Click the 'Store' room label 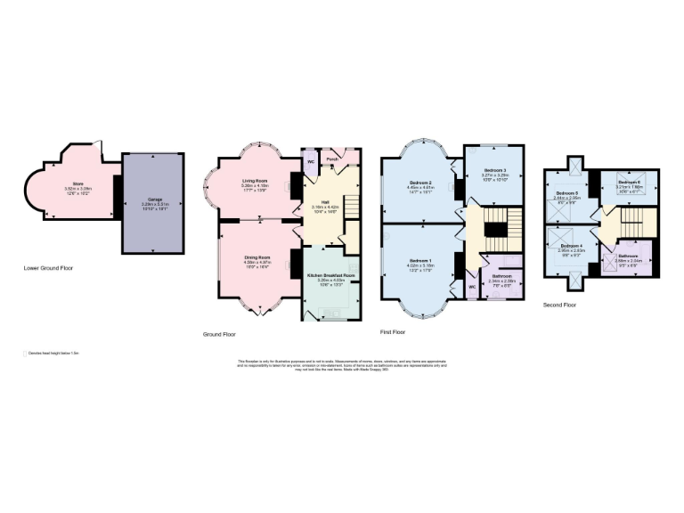coord(66,183)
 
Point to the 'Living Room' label coord(256,181)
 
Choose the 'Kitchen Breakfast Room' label coord(331,277)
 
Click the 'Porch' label coord(331,160)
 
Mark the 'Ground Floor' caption coord(219,334)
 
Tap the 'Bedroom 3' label coord(495,170)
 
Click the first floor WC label coord(470,288)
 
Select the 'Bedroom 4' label coord(572,245)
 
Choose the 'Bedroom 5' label coord(567,193)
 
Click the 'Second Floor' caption coord(559,305)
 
